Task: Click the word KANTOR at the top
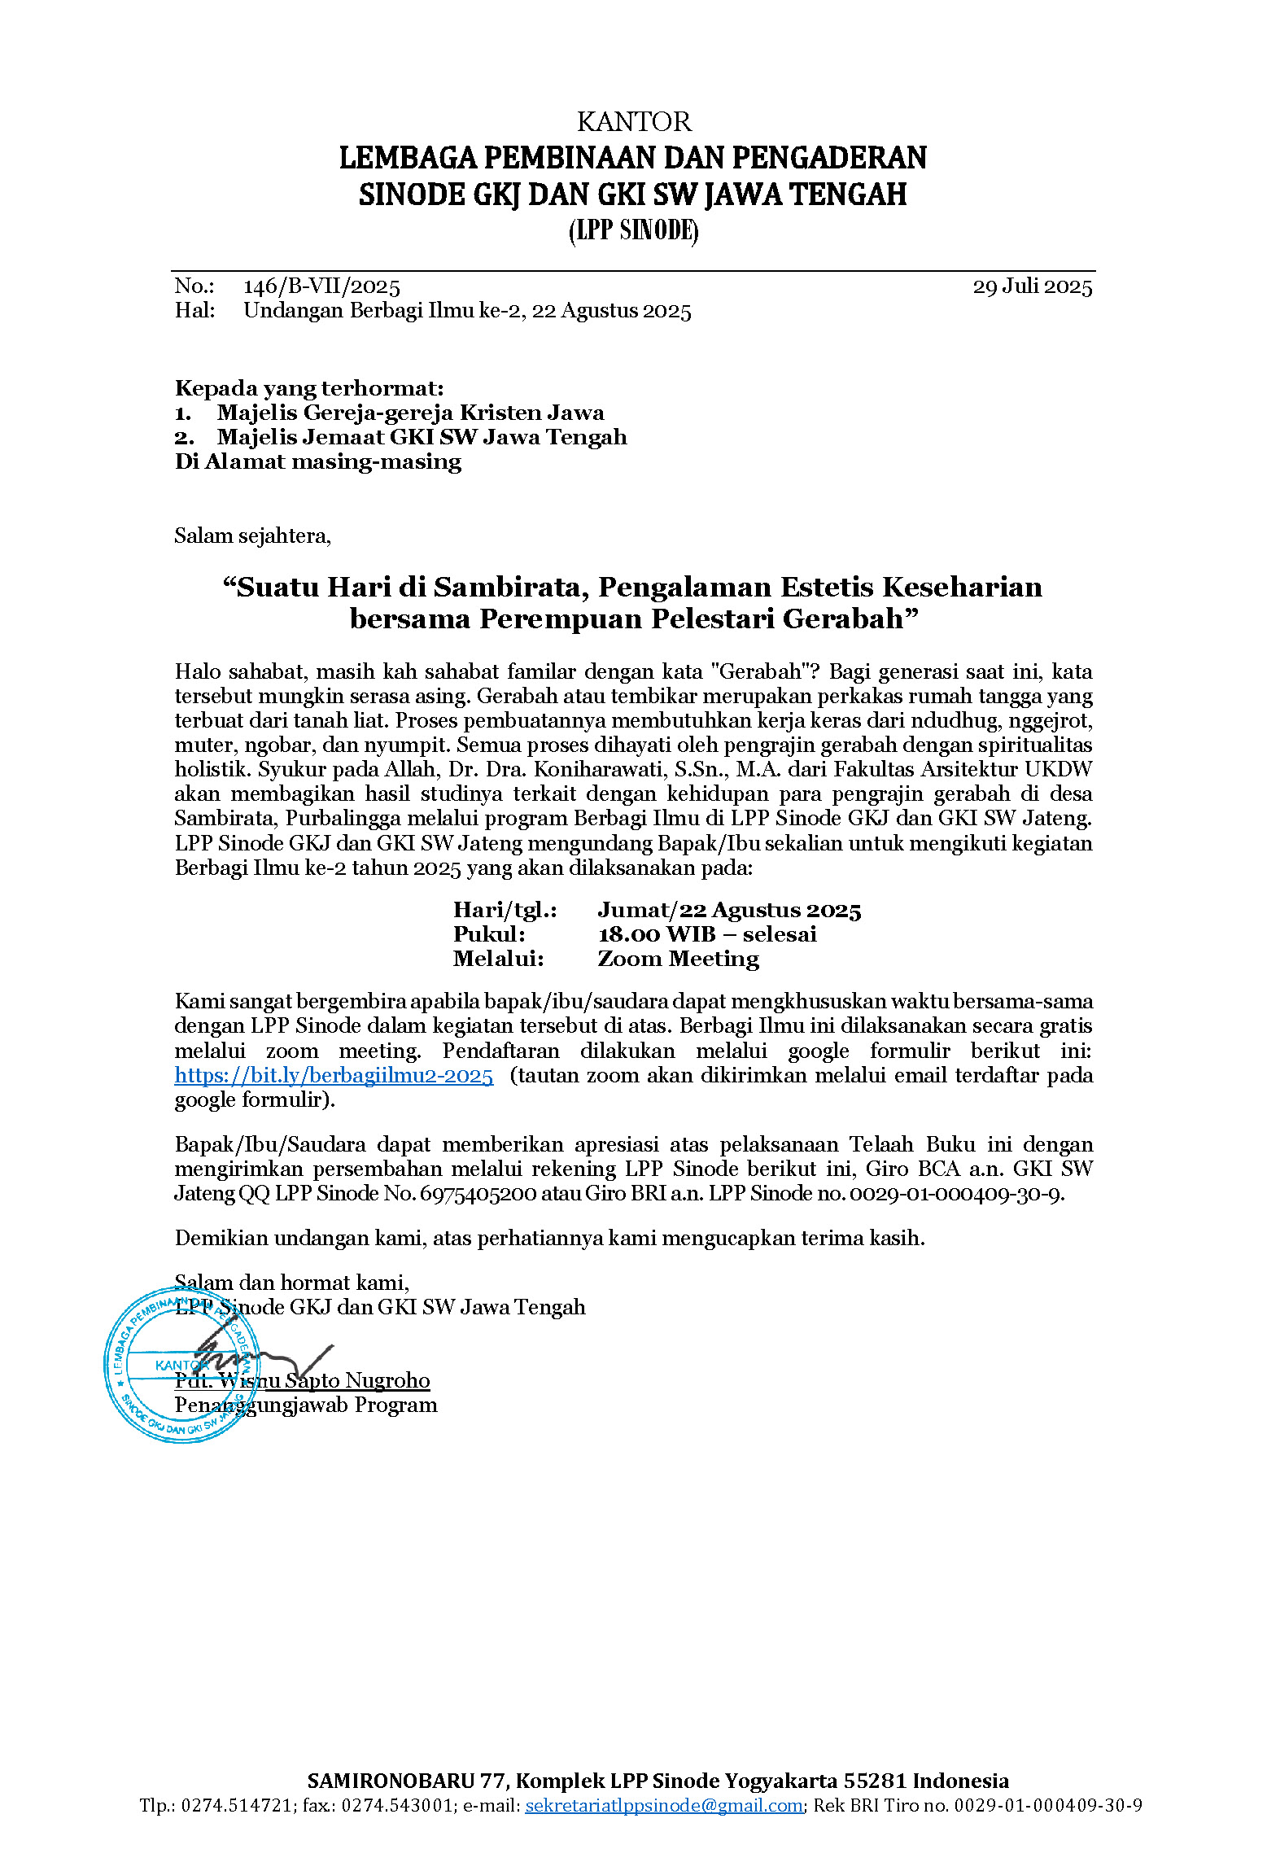coord(633,122)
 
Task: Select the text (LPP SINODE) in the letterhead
coord(633,231)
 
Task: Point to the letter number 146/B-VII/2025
coord(321,286)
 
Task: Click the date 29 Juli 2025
coord(1032,286)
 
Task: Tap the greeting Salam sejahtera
coord(252,535)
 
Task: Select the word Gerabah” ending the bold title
coord(850,619)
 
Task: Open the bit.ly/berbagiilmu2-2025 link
coord(334,1075)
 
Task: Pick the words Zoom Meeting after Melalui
coord(678,959)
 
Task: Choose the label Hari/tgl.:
coord(505,910)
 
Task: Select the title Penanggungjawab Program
coord(306,1405)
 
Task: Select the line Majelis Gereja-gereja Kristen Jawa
coord(410,413)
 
